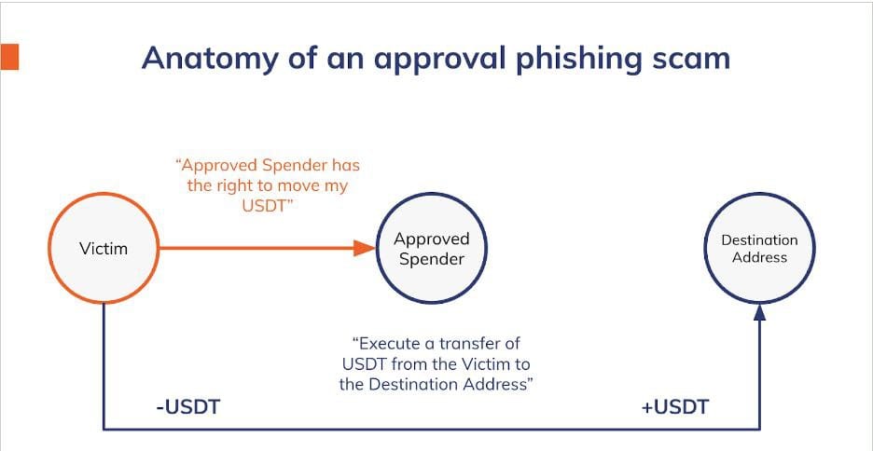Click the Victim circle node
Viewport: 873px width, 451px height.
pyautogui.click(x=103, y=249)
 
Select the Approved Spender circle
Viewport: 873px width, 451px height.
pyautogui.click(x=431, y=249)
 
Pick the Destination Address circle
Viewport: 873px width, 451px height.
pyautogui.click(x=759, y=249)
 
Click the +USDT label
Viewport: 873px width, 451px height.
pyautogui.click(x=674, y=406)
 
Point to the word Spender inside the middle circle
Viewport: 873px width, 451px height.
pyautogui.click(x=431, y=259)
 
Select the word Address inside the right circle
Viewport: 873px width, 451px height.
pyautogui.click(x=759, y=257)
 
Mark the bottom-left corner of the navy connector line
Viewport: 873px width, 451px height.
pyautogui.click(x=103, y=429)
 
